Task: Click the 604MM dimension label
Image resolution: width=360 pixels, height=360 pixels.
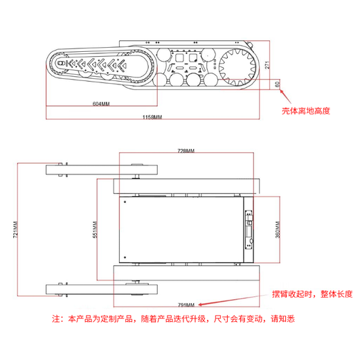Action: point(101,104)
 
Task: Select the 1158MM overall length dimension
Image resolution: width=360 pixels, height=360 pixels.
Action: point(152,117)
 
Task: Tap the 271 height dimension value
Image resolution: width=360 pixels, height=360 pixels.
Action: point(267,65)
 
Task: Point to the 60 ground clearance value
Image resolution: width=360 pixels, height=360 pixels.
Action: point(278,84)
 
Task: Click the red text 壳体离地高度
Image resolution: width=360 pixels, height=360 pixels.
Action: point(306,111)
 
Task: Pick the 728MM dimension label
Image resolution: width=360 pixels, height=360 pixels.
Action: point(186,151)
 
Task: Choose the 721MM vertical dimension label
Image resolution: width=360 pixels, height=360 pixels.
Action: point(15,230)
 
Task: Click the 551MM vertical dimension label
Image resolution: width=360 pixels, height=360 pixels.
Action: point(95,230)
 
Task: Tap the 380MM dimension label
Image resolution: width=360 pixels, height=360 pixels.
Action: point(278,230)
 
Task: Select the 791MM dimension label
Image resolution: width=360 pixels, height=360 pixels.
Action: point(186,305)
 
